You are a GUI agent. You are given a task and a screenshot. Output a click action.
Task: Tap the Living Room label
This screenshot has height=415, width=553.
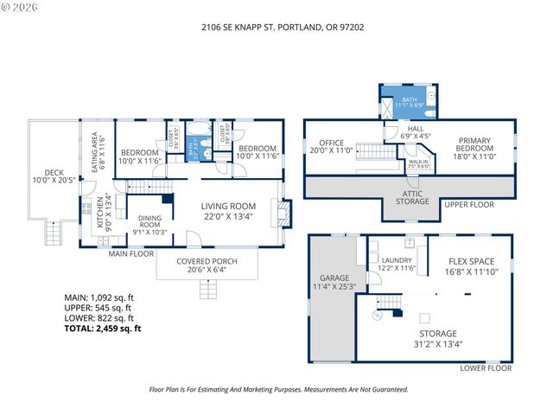pyautogui.click(x=229, y=211)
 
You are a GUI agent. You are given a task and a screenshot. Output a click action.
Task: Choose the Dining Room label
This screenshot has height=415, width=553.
pyautogui.click(x=149, y=223)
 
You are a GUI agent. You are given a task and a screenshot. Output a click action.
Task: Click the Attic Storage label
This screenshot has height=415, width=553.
pyautogui.click(x=412, y=197)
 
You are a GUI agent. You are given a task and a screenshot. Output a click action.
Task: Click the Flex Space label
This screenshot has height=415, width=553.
pyautogui.click(x=471, y=265)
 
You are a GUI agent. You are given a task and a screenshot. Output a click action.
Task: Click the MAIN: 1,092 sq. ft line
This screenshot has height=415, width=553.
pyautogui.click(x=99, y=297)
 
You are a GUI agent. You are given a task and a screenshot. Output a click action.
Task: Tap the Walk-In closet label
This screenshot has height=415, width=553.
pyautogui.click(x=418, y=164)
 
